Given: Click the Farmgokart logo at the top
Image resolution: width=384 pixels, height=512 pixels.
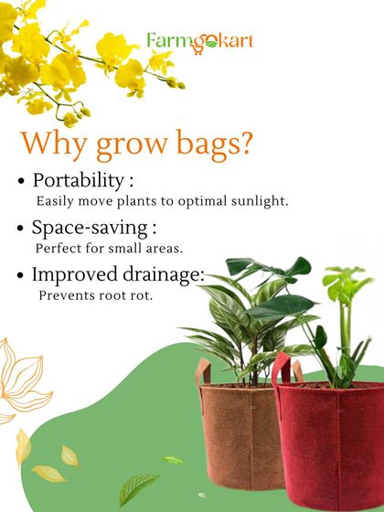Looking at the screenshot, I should (200, 41).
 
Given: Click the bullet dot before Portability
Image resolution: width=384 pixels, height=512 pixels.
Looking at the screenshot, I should (21, 181).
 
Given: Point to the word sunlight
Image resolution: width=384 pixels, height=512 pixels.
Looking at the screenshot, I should (260, 200).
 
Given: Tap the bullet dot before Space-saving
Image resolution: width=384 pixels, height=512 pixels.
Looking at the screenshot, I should (21, 229).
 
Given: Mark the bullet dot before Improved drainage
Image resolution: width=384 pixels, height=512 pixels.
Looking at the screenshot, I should (21, 276).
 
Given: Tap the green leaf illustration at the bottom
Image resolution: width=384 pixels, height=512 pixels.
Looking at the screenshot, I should (137, 489).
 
